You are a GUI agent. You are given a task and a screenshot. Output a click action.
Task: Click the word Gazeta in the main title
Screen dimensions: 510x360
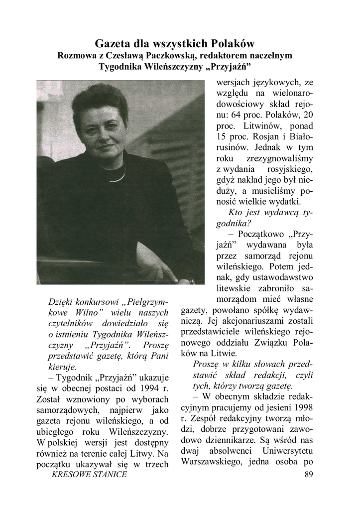pyautogui.click(x=112, y=43)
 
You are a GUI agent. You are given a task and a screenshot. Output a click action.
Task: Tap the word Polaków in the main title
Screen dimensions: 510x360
pyautogui.click(x=235, y=43)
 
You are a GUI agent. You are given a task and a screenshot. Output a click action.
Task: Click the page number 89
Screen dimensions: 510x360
pyautogui.click(x=308, y=474)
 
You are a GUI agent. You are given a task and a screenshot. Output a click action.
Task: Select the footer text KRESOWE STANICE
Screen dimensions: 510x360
pyautogui.click(x=89, y=474)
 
